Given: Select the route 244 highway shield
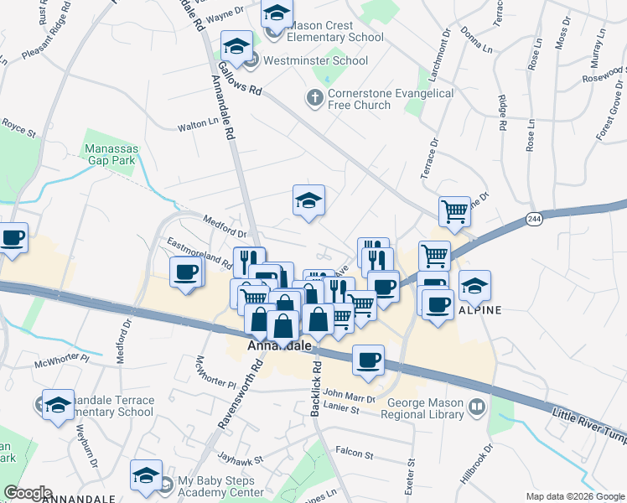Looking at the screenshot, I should [534, 219].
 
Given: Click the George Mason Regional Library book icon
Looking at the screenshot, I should [477, 407].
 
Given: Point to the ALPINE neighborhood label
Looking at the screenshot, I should [479, 309].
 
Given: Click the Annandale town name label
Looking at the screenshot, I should [280, 345].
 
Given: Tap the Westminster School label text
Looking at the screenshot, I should [315, 60].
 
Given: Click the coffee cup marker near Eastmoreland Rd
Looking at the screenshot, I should [186, 272].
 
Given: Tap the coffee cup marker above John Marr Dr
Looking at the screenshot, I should [369, 360].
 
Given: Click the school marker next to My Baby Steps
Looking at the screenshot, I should [146, 475].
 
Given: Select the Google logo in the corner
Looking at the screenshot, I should [27, 494].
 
